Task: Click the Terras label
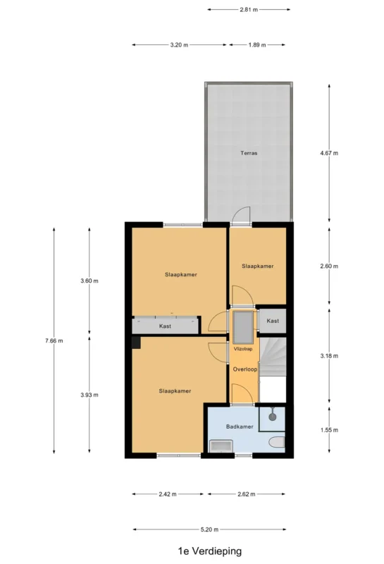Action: [x=249, y=153]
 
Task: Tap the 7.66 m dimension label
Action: [x=54, y=341]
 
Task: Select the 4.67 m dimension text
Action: [x=329, y=153]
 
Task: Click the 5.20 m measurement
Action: [x=210, y=529]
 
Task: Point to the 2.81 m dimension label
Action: [x=249, y=10]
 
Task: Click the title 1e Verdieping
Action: [x=210, y=551]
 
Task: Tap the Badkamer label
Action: [x=240, y=427]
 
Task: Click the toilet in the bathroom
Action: [x=278, y=442]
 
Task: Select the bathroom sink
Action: [x=221, y=446]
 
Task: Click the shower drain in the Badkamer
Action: [x=273, y=417]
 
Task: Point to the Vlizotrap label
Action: [x=243, y=349]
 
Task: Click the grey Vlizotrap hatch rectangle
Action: [x=243, y=327]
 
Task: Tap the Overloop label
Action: [x=245, y=369]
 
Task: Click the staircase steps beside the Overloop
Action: [x=273, y=357]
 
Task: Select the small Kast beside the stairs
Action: [x=273, y=321]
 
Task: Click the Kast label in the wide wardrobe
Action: [x=165, y=326]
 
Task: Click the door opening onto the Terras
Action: [x=241, y=216]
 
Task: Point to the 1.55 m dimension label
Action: [x=329, y=430]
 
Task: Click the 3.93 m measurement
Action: [x=89, y=395]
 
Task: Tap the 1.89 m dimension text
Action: [x=257, y=45]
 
